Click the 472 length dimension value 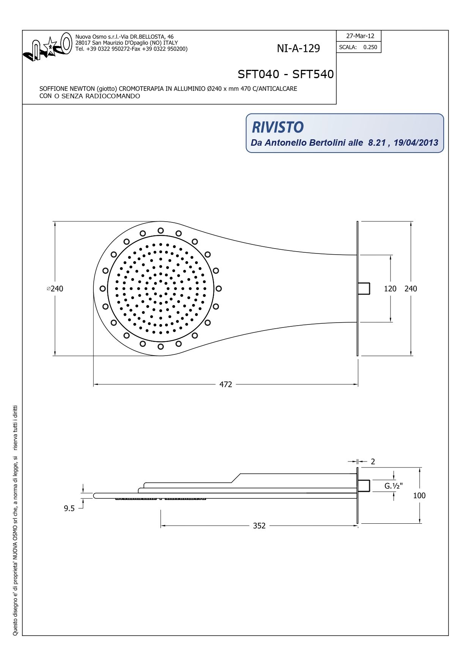tap(225, 384)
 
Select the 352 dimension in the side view tap(259, 526)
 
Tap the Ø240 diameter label tap(55, 289)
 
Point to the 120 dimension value tap(390, 289)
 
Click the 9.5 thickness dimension tap(69, 509)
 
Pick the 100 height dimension tap(419, 496)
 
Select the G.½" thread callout tap(394, 486)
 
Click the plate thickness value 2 tap(373, 461)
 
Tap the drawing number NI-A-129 tap(298, 49)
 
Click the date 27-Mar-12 tap(360, 36)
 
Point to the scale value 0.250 tap(370, 47)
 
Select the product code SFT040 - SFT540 tap(285, 74)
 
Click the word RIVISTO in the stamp tap(277, 128)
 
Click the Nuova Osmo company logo tap(47, 47)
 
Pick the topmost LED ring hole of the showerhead tap(161, 230)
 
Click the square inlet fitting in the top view tap(364, 288)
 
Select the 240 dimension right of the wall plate tap(411, 289)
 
